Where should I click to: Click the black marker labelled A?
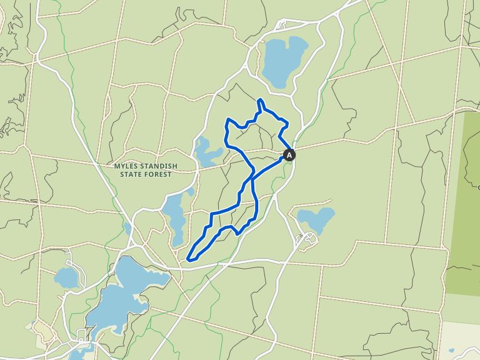(289, 155)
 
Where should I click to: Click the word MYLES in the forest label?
(128, 166)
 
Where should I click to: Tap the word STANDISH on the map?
(161, 166)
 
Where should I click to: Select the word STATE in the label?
(134, 174)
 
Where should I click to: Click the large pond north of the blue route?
(283, 61)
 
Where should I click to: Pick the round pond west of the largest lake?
(67, 277)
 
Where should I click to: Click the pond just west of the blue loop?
(204, 151)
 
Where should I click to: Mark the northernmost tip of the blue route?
(259, 99)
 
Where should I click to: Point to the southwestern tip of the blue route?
(189, 256)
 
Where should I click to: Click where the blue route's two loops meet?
(252, 179)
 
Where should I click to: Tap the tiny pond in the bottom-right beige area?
(451, 351)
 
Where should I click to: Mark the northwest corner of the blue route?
(227, 120)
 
